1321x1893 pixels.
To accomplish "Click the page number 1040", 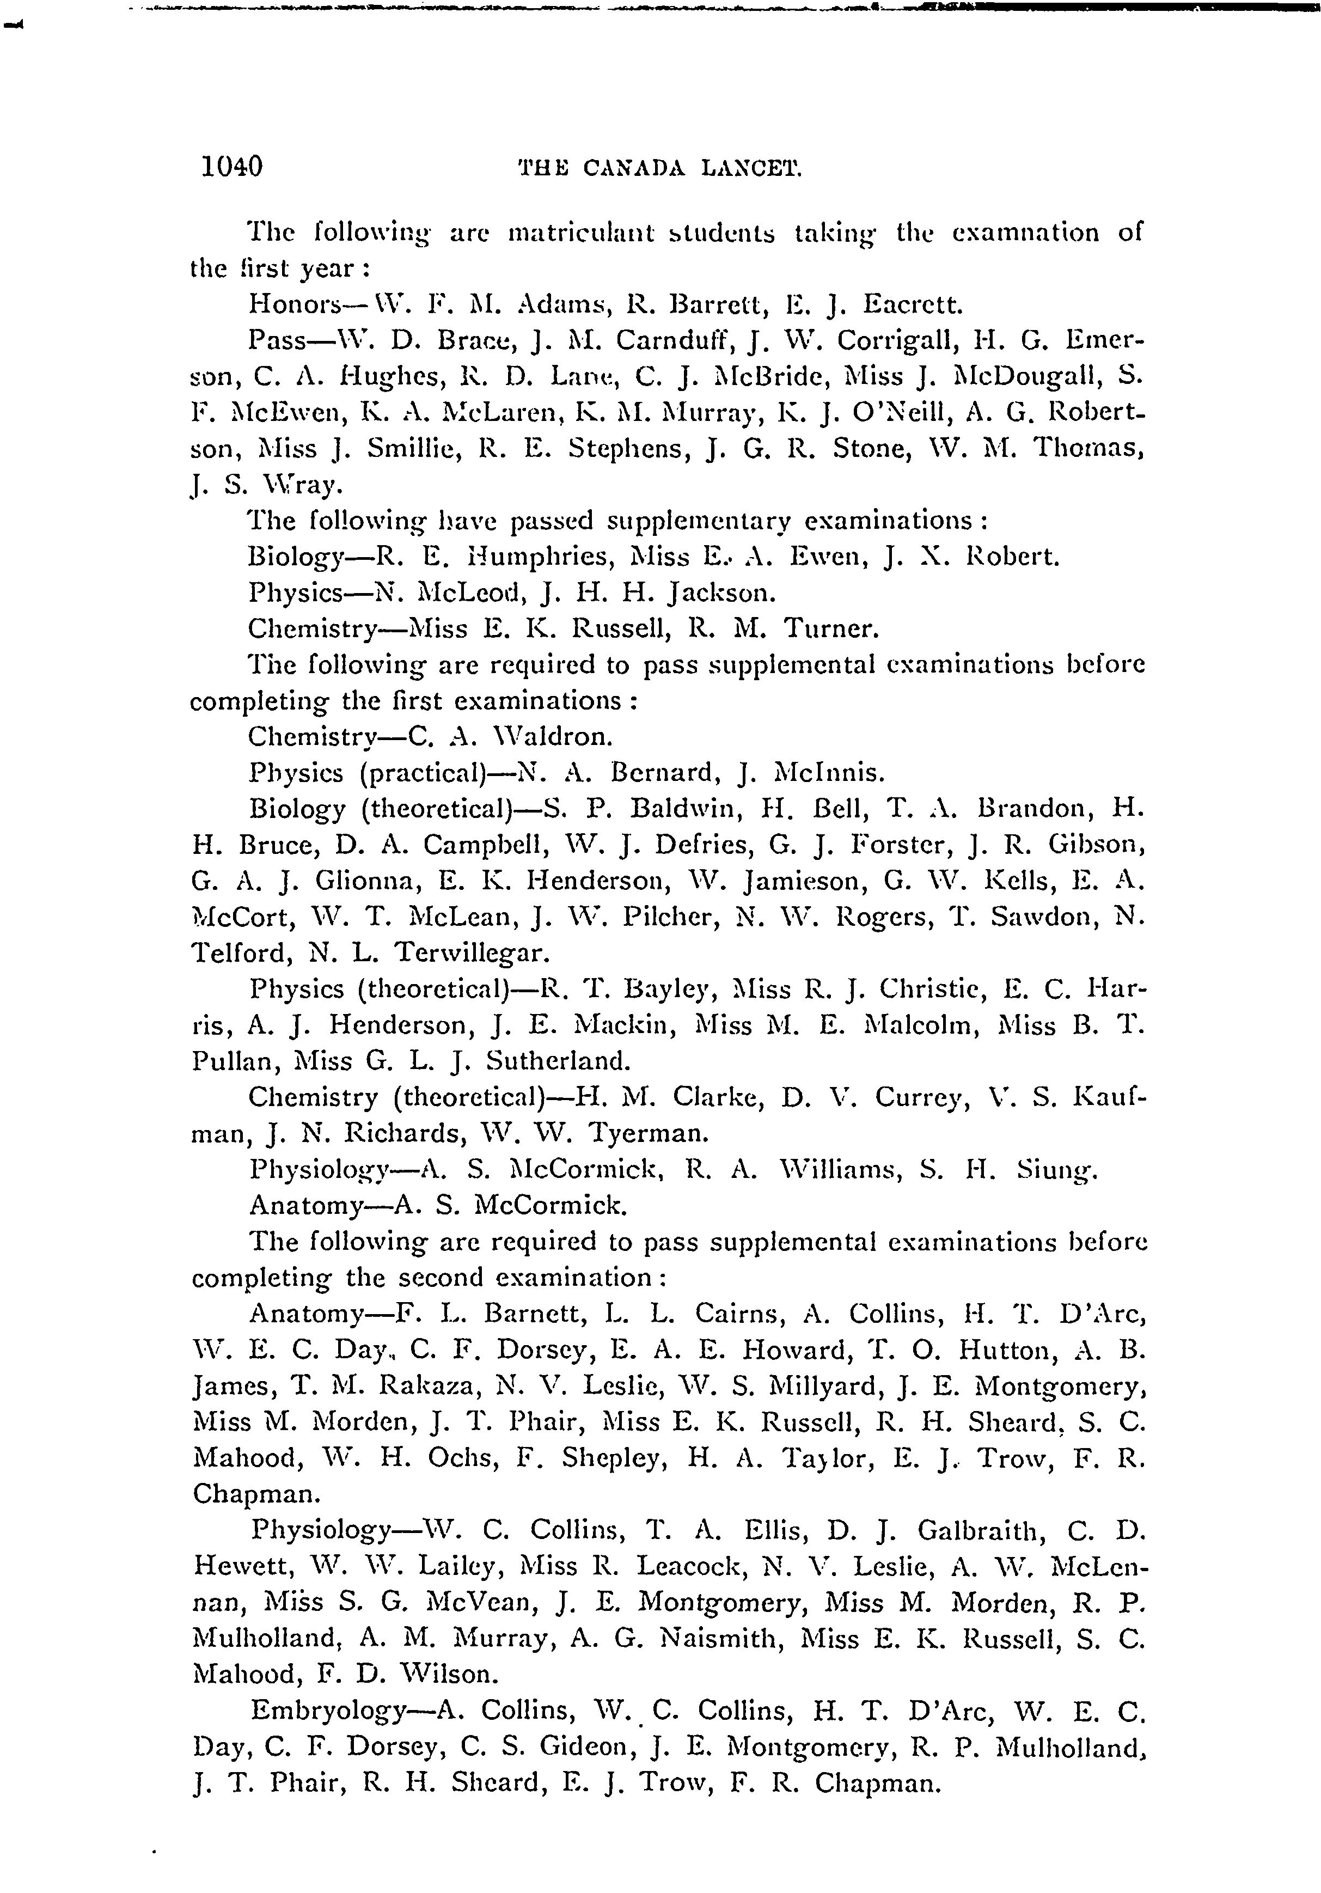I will (232, 167).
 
